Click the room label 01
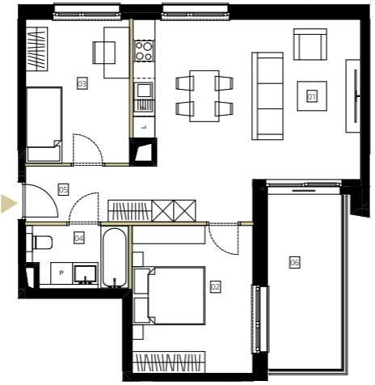click(312, 96)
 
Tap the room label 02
click(215, 286)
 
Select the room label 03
click(82, 83)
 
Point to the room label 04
click(79, 238)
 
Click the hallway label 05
click(63, 189)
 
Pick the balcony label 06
click(295, 262)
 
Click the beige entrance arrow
click(9, 204)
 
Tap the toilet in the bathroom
click(42, 243)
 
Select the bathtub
click(115, 257)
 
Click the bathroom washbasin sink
click(86, 274)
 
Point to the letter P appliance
click(61, 273)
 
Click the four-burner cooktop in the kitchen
click(144, 51)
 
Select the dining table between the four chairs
click(204, 96)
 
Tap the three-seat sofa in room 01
click(268, 96)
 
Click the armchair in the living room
click(310, 44)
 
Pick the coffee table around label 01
click(312, 96)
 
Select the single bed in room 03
click(44, 125)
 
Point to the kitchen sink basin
click(144, 91)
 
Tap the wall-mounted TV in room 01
click(356, 96)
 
